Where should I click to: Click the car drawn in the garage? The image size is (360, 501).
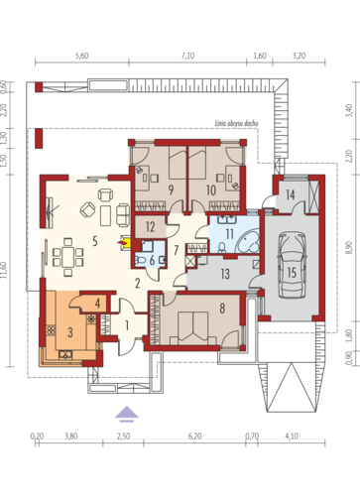[292, 265]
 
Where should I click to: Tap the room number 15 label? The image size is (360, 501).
[292, 273]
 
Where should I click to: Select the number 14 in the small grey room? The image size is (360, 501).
[291, 194]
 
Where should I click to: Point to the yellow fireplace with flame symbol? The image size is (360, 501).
[125, 243]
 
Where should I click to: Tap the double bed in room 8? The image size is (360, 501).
[193, 328]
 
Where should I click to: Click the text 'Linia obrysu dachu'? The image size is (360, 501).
[236, 124]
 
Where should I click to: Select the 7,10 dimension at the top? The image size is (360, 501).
[187, 56]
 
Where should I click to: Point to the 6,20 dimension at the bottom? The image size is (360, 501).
[194, 437]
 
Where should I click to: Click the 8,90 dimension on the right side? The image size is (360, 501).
[349, 247]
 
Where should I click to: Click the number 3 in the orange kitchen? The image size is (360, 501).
[70, 332]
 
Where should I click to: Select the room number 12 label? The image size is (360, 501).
[150, 227]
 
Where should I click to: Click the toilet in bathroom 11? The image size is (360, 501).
[222, 247]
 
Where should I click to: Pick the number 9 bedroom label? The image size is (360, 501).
[171, 189]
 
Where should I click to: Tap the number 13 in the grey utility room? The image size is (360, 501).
[225, 274]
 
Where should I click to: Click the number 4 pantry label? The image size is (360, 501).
[97, 304]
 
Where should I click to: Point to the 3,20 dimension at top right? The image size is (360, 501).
[299, 56]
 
